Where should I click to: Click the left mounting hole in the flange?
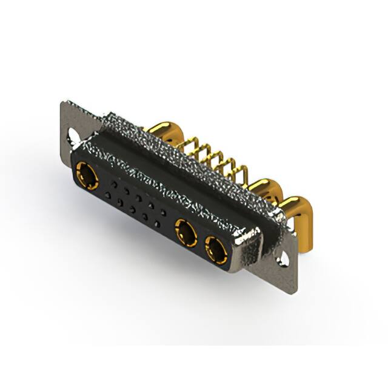click(x=73, y=134)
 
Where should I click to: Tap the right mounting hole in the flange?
click(x=283, y=261)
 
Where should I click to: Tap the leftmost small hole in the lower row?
click(x=107, y=195)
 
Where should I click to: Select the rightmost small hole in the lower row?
click(x=157, y=224)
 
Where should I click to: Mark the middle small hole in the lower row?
click(x=132, y=210)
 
